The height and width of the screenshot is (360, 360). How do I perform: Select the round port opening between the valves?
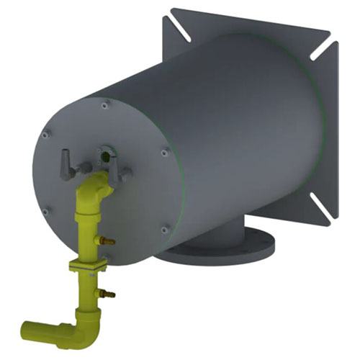(104, 152)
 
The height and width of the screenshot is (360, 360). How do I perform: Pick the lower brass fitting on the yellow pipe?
(108, 292)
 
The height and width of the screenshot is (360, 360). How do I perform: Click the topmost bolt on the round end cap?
(105, 106)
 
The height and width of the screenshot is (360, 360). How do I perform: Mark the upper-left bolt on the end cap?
(45, 135)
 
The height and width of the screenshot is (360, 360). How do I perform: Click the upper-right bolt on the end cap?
(166, 151)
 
